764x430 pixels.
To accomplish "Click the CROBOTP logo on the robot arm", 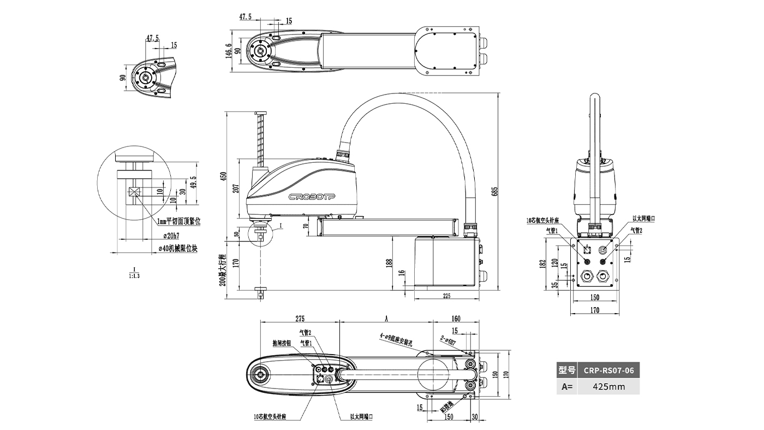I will [x=312, y=196].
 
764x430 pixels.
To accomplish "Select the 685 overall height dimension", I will [x=495, y=192].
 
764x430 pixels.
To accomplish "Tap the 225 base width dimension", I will [x=446, y=296].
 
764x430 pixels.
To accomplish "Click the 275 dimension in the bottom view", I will [x=299, y=319].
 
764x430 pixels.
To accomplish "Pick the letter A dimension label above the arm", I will [x=386, y=318].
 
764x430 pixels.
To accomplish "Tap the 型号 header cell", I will [x=567, y=370].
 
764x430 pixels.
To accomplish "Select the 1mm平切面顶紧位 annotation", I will [x=178, y=222].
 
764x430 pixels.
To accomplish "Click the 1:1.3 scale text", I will [x=134, y=276].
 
